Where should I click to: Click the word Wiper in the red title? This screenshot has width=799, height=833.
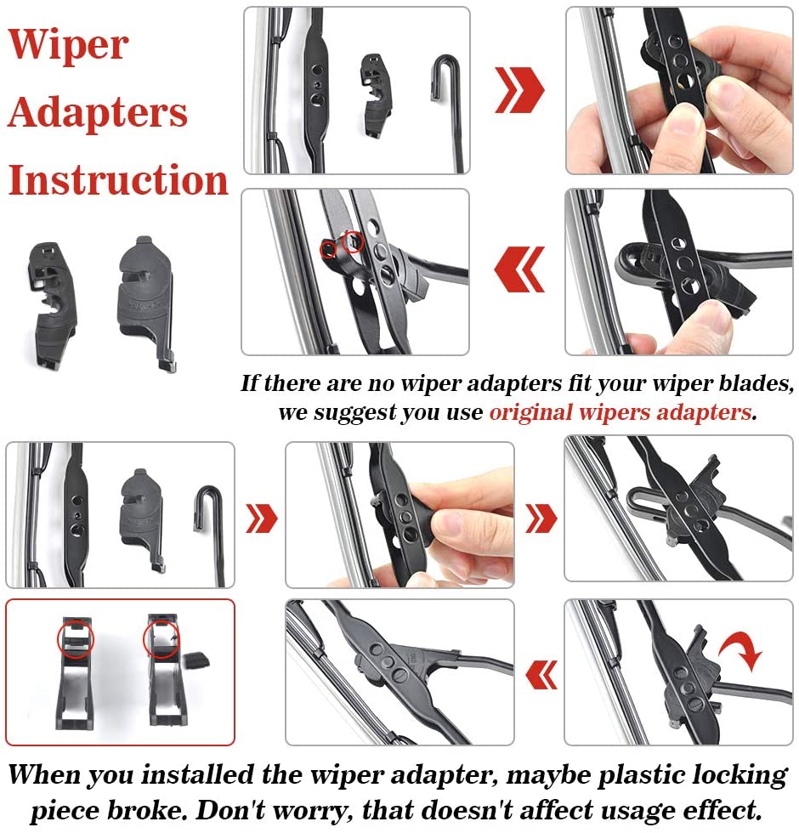(69, 45)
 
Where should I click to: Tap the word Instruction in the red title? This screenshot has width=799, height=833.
(118, 179)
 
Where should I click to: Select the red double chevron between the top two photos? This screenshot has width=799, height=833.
(519, 90)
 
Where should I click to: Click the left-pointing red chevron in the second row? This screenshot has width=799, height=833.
(519, 269)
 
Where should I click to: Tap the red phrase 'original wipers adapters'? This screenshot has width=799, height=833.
(620, 413)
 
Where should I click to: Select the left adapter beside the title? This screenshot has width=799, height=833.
(52, 304)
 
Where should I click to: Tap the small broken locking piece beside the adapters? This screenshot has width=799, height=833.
(196, 660)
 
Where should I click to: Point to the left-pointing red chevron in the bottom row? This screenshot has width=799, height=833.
(541, 675)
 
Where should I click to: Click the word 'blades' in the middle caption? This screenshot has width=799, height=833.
(756, 383)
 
